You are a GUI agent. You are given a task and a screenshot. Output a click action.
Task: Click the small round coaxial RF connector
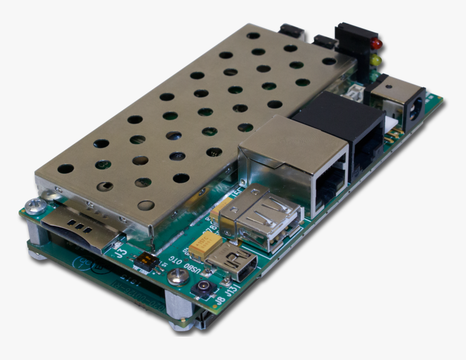pos(204,287)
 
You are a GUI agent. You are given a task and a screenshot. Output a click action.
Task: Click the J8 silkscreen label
pos(220,296)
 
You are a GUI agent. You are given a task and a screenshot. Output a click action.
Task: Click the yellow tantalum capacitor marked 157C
pos(205,246)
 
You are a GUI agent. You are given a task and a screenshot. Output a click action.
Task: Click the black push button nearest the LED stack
pos(325,41)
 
